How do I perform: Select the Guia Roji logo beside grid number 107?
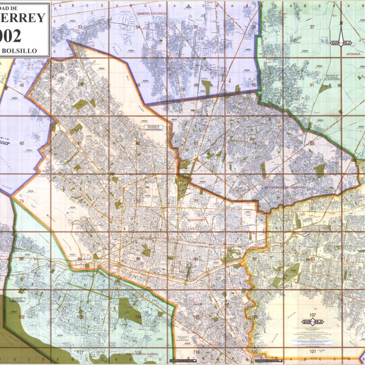click(313, 322)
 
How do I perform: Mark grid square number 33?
click(80, 27)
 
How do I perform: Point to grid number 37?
click(312, 27)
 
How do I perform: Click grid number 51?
click(312, 85)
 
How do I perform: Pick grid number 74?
click(21, 201)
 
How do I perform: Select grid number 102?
click(21, 317)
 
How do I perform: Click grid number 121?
click(312, 351)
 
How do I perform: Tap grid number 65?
click(312, 143)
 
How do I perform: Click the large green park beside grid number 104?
click(124, 310)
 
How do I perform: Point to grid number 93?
click(312, 259)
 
